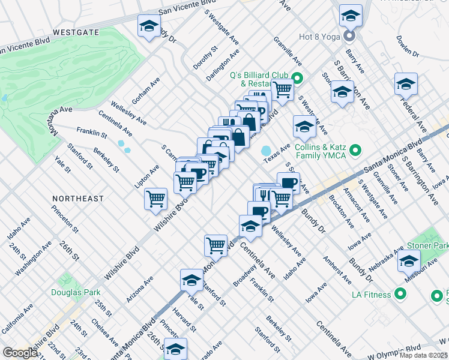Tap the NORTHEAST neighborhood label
pyautogui.click(x=77, y=198)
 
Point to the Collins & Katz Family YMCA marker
pyautogui.click(x=355, y=150)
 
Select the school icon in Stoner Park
pyautogui.click(x=409, y=261)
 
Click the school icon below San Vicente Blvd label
pyautogui.click(x=149, y=26)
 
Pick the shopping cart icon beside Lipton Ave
pyautogui.click(x=155, y=197)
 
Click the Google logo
pyautogui.click(x=20, y=353)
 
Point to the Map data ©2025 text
pyautogui.click(x=424, y=355)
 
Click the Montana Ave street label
pyautogui.click(x=61, y=119)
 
